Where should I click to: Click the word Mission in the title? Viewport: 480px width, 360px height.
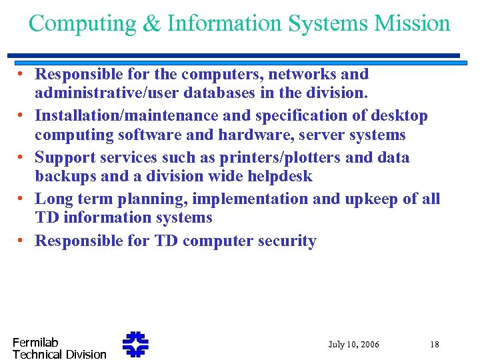[x=412, y=23]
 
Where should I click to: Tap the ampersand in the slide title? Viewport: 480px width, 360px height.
[x=152, y=24]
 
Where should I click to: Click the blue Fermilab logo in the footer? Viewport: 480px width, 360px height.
[x=135, y=344]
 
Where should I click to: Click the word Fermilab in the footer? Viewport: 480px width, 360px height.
[x=35, y=342]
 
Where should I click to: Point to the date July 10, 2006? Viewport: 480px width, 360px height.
[x=353, y=345]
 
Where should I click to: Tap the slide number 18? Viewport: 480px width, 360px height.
[x=435, y=345]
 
